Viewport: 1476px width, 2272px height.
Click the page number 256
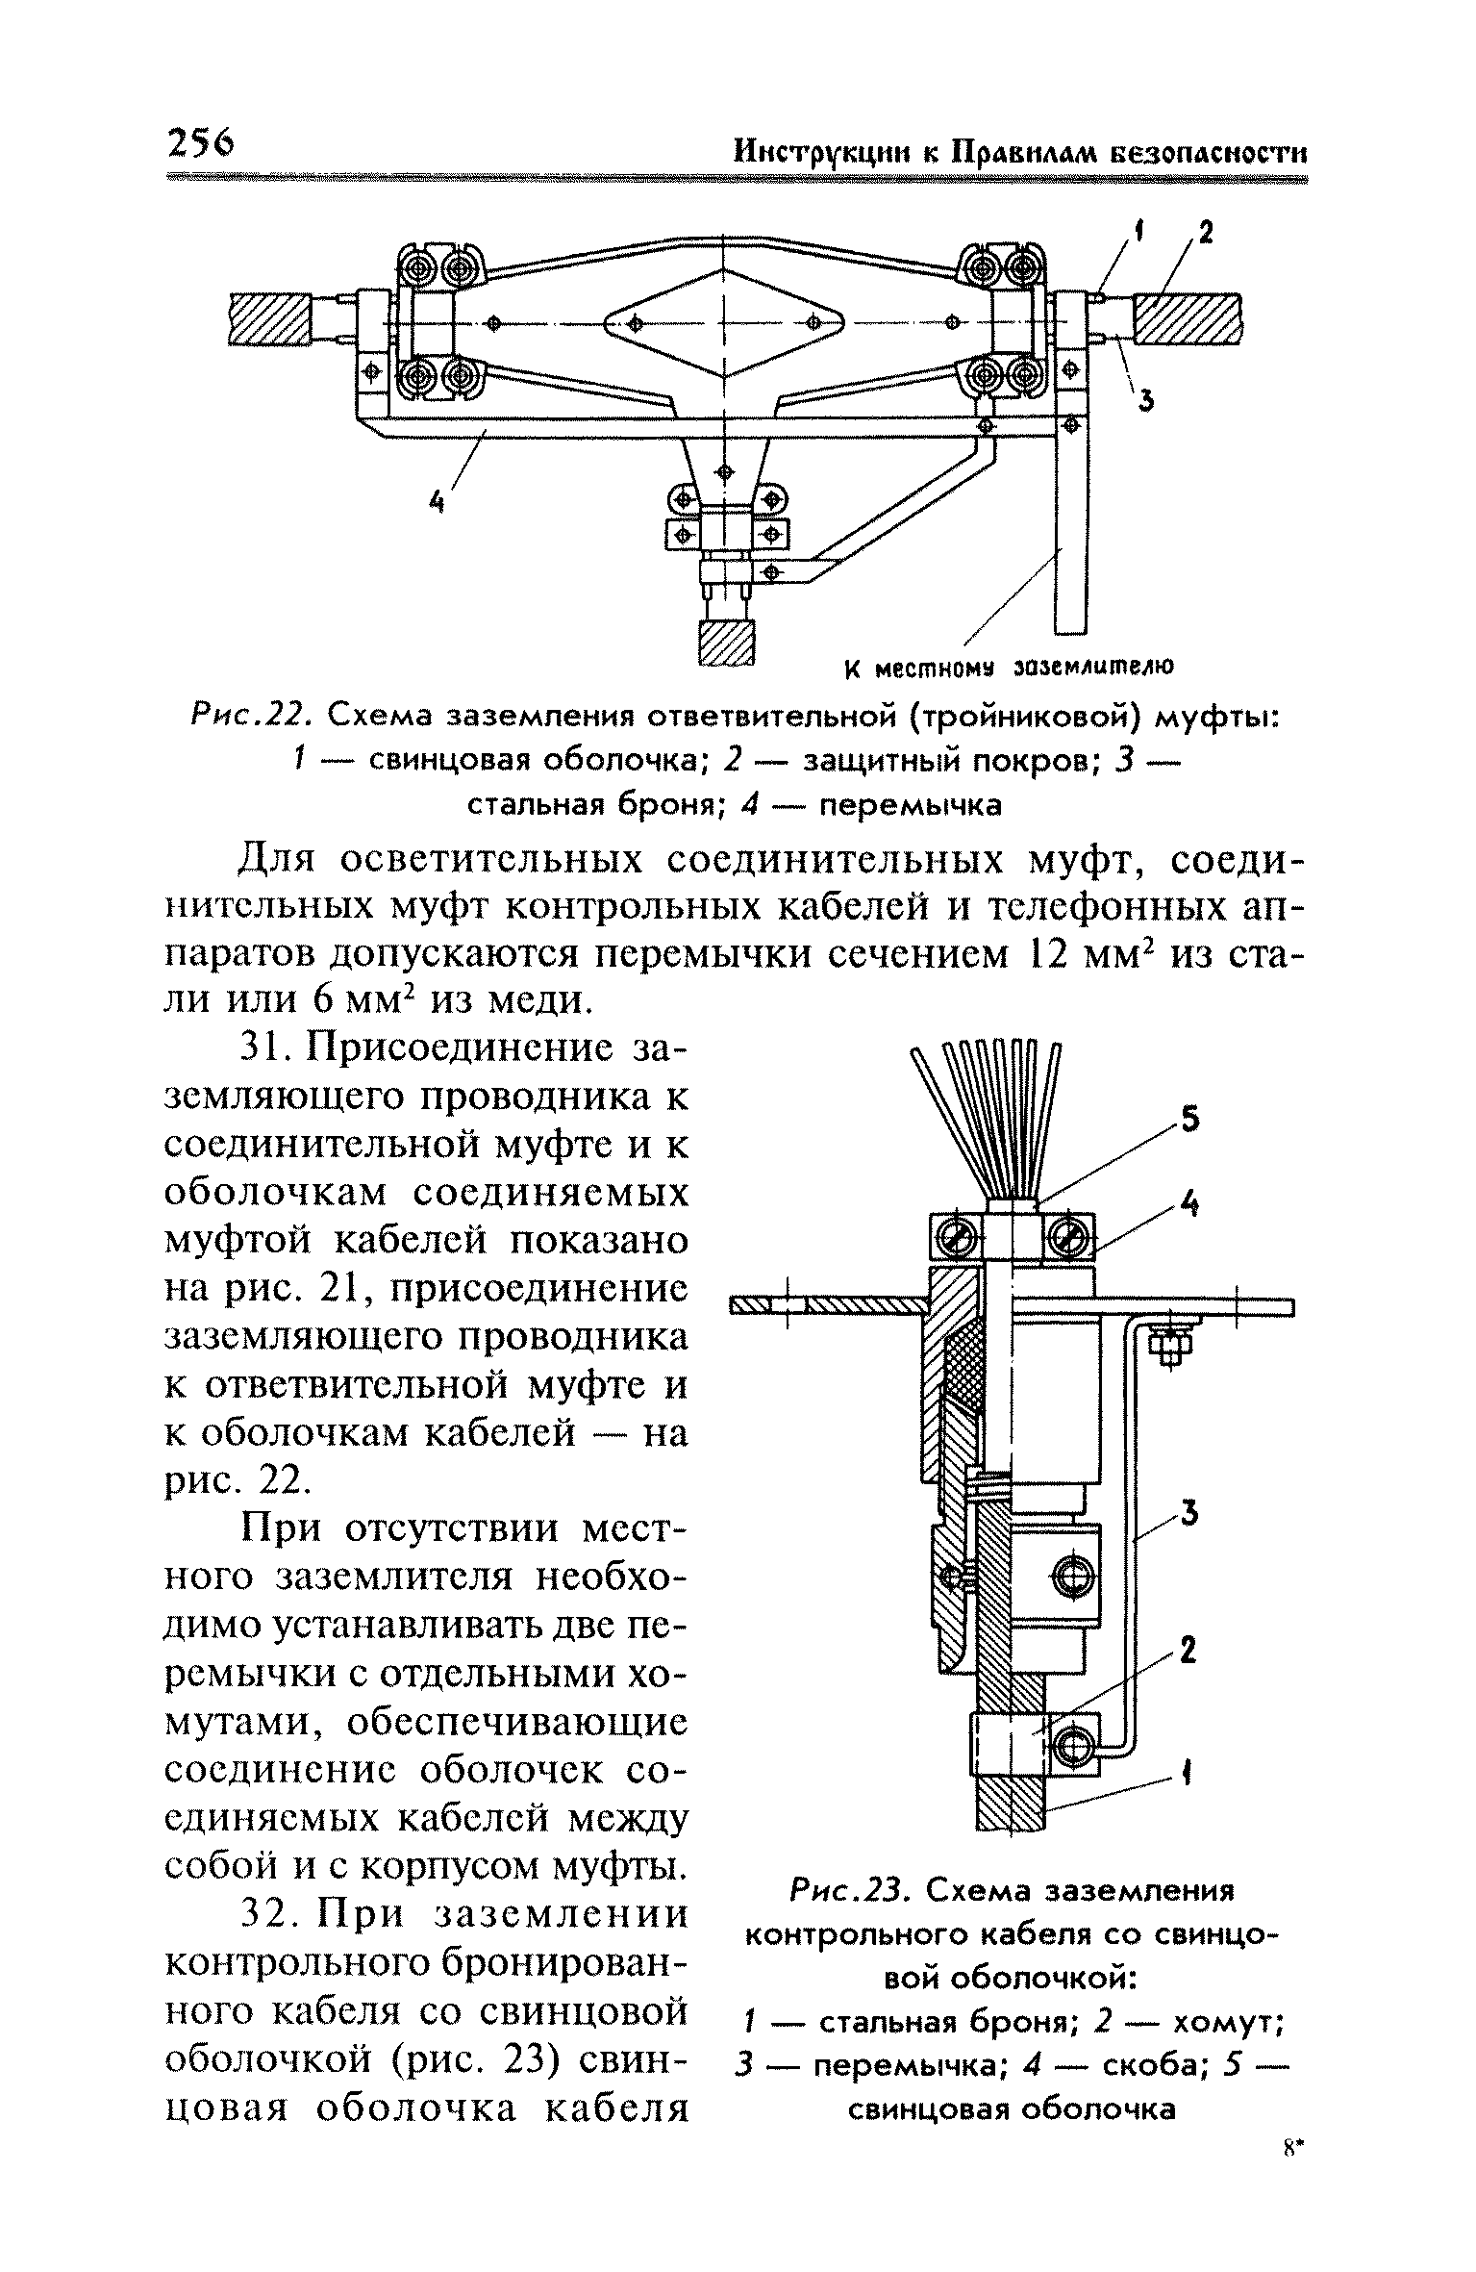point(200,144)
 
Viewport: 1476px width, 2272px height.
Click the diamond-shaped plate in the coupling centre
point(723,323)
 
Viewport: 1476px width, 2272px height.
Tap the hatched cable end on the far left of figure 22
point(269,318)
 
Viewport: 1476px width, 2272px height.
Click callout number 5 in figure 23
point(1189,1120)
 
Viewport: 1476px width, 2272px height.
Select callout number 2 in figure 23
point(1188,1652)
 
